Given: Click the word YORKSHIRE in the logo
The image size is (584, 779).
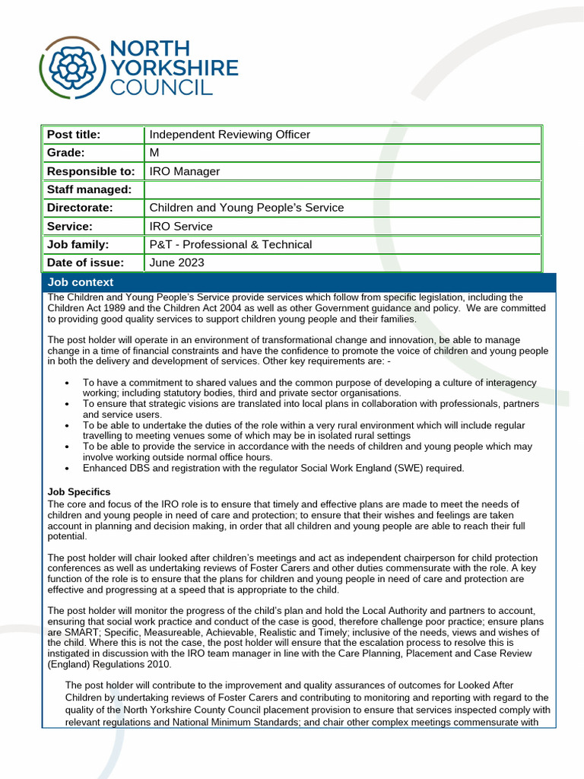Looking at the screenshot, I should (174, 68).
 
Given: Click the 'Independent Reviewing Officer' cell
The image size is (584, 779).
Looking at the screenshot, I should (230, 135).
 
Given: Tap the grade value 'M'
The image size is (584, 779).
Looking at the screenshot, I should (154, 153).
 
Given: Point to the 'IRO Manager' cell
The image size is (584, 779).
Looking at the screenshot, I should (184, 171).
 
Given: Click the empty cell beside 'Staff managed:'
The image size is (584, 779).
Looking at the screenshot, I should (342, 189).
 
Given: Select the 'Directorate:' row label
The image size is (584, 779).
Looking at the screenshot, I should (79, 208).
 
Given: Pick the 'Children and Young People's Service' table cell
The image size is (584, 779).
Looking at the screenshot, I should (246, 208).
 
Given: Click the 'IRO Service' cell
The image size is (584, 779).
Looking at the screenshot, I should (181, 226).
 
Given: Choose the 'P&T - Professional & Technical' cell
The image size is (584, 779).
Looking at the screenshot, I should (230, 244).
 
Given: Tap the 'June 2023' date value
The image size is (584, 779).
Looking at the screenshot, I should (176, 262).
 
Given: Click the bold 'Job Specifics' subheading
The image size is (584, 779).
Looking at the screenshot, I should (78, 492).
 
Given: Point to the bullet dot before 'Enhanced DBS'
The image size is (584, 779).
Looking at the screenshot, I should (68, 468).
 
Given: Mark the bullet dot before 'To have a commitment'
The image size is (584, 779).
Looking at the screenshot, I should (68, 383).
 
